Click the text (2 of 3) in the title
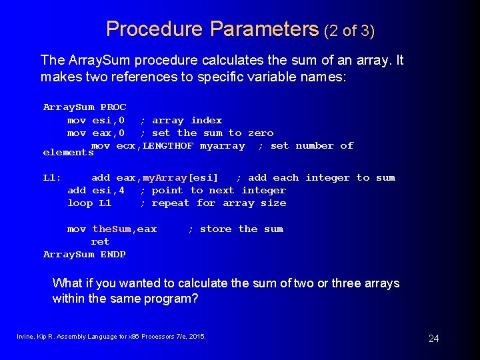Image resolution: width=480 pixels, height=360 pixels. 349,30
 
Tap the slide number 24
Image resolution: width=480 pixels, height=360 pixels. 433,339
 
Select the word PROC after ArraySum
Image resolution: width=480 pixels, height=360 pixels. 113,107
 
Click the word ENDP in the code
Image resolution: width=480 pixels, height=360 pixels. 113,254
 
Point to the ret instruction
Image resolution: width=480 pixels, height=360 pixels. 100,241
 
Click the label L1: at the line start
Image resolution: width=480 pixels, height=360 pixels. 52,178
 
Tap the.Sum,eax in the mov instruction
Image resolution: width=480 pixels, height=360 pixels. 125,229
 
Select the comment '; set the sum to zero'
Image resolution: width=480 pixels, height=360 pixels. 207,133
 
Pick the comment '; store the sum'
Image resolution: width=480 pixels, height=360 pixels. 235,229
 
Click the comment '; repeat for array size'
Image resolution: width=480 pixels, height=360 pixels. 213,203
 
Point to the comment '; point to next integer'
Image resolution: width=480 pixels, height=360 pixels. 213,191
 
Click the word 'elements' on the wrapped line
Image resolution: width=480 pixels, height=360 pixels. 67,153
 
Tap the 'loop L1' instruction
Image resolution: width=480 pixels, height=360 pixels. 89,203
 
